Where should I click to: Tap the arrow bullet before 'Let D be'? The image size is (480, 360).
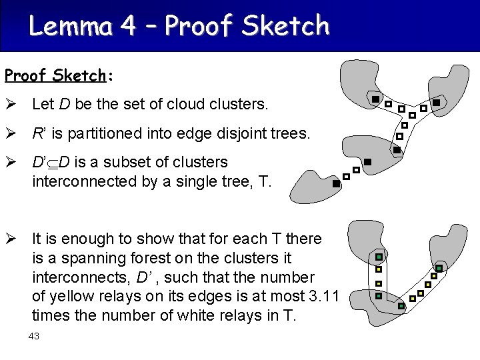[11, 105]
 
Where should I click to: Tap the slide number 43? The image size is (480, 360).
[34, 336]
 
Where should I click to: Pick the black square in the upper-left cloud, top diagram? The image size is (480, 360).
[376, 100]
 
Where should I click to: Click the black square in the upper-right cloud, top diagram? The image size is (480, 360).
[436, 103]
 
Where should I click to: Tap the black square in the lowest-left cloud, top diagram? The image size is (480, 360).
[336, 183]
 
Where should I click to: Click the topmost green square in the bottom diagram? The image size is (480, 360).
[378, 257]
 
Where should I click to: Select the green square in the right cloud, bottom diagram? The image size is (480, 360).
[439, 268]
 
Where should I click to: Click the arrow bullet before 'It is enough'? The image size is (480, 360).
[11, 239]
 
